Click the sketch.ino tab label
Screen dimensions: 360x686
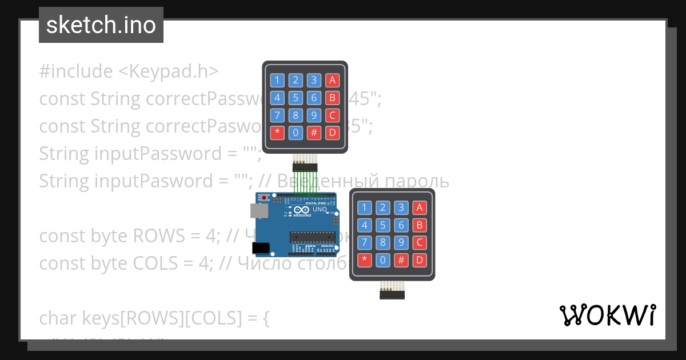101,25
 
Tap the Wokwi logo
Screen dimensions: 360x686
607,315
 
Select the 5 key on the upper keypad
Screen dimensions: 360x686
296,98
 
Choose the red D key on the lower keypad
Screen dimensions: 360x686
420,261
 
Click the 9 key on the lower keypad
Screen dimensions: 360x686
402,243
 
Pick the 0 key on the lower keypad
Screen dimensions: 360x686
383,261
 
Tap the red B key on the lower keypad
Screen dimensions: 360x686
420,225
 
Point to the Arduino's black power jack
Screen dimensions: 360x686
261,248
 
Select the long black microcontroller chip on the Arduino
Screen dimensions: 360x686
312,236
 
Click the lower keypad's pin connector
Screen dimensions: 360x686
392,295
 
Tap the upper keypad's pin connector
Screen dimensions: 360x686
305,167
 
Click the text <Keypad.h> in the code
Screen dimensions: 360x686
169,71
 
